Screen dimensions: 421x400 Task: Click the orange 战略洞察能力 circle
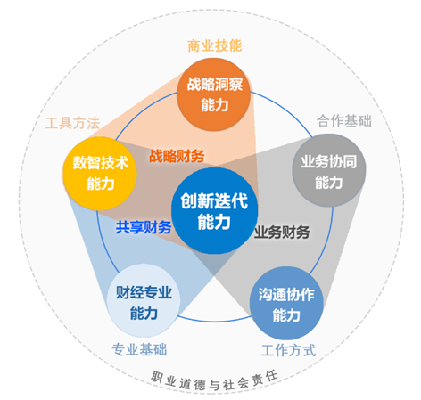pos(214,94)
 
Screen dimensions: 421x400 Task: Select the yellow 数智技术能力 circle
pos(100,174)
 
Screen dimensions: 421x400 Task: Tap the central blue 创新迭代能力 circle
pos(214,210)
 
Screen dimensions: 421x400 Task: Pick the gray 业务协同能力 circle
pos(329,170)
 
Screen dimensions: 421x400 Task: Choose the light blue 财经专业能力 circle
pos(144,300)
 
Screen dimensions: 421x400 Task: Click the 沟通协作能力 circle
pos(286,303)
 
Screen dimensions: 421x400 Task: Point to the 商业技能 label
pos(215,45)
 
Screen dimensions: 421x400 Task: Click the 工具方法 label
pos(72,123)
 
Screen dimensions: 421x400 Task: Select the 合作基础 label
pos(344,121)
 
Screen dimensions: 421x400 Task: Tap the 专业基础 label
pos(139,349)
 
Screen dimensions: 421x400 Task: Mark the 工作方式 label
pos(288,350)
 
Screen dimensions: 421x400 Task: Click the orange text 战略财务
pos(177,156)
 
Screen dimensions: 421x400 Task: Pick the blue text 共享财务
pos(144,227)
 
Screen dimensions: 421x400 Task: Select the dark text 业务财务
pos(282,232)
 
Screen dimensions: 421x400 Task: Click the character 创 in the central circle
pos(188,200)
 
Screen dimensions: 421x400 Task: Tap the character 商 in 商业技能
pos(194,46)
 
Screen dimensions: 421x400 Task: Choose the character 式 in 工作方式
pos(310,350)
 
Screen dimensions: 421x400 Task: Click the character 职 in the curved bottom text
pos(157,376)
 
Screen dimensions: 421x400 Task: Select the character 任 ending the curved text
pos(272,376)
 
